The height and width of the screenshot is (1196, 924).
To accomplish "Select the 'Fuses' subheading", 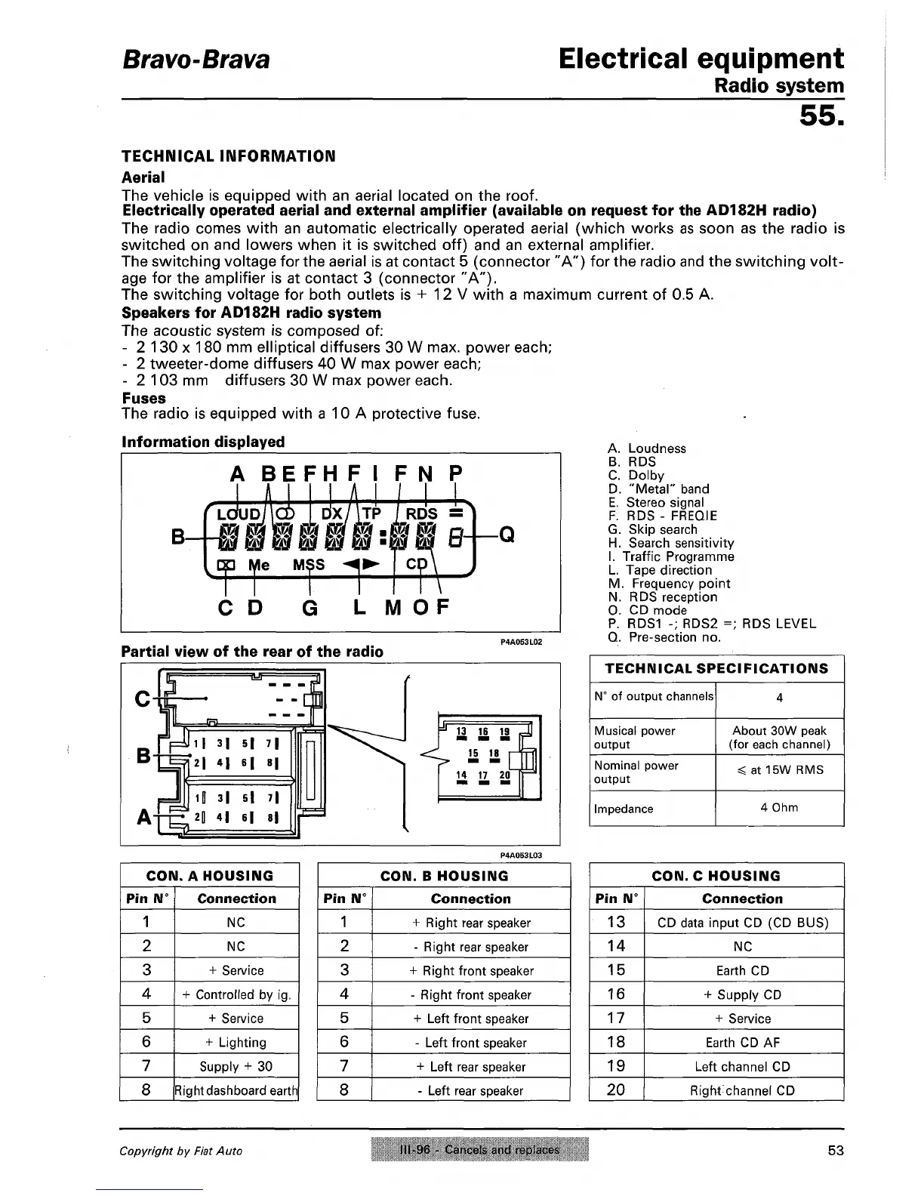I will click(143, 398).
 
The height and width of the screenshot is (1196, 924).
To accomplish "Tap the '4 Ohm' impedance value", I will click(779, 808).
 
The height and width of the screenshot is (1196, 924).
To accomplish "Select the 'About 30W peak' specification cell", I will click(779, 731).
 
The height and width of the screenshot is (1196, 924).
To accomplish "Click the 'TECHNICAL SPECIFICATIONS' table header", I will click(716, 669).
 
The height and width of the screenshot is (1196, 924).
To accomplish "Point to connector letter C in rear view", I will click(141, 700).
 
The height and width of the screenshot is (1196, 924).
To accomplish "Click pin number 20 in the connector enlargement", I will click(505, 776).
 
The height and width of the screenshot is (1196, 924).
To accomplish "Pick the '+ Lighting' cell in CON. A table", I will click(236, 1043).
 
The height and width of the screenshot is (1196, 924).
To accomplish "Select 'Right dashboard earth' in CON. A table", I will click(236, 1090).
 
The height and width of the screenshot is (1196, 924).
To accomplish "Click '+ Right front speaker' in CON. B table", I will click(471, 971).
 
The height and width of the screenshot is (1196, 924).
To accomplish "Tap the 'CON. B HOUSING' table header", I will click(444, 876).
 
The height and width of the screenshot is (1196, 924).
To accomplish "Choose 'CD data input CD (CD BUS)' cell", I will click(743, 923).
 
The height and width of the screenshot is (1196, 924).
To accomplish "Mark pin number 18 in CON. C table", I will click(616, 1042).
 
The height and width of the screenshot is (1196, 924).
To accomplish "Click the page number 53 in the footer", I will click(835, 1151).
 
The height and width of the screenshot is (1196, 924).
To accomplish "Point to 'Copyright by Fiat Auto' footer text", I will click(180, 1151).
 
